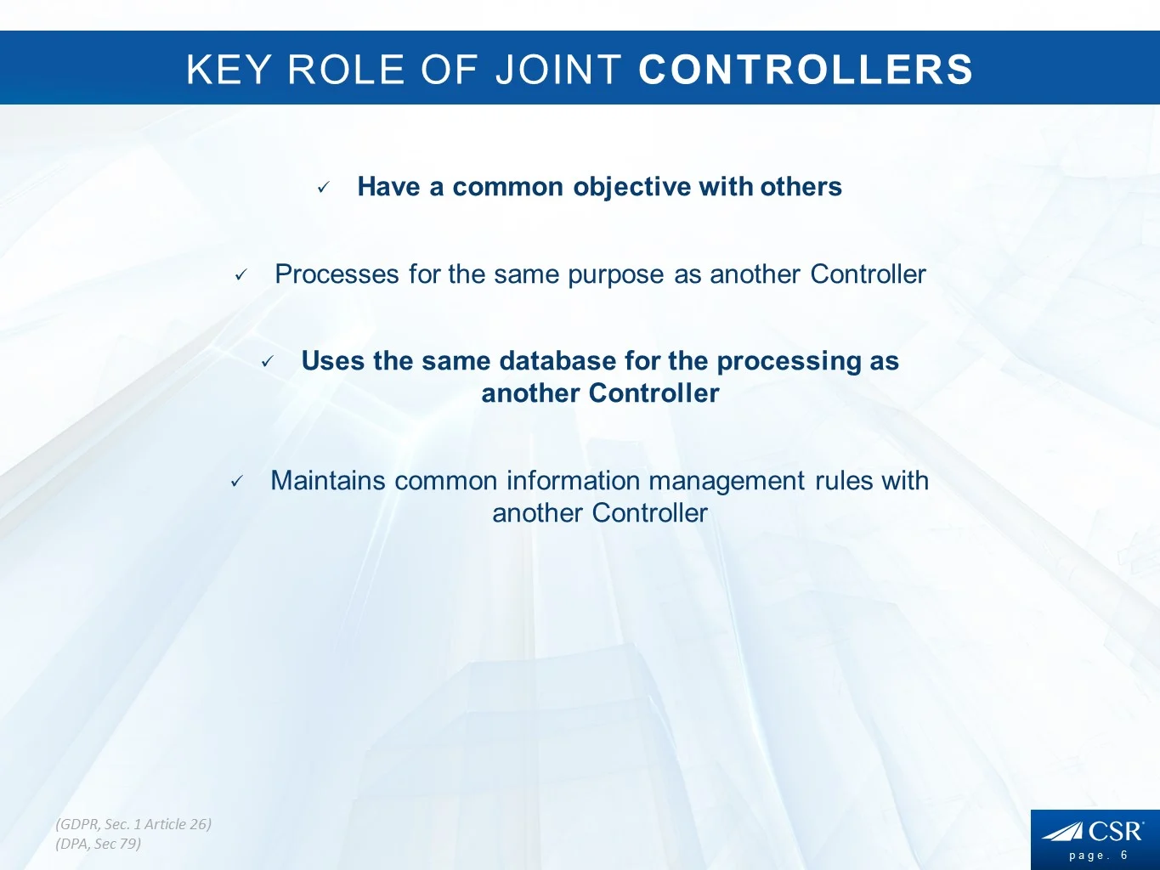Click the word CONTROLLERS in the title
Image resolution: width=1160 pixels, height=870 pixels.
point(806,69)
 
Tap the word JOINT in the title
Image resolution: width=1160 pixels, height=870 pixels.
point(558,69)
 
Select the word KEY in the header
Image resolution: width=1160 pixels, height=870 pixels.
point(229,69)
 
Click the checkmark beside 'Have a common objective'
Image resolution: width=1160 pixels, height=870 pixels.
point(324,187)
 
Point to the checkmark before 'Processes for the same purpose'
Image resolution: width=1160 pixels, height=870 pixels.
point(241,274)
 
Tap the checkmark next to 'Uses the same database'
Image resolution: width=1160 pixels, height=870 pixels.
point(268,362)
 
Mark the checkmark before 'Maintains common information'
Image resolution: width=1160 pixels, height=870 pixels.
point(237,481)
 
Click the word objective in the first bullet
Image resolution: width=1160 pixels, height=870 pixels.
point(631,188)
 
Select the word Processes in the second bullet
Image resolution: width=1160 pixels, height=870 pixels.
point(337,274)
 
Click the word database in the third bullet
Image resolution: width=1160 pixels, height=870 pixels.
point(557,361)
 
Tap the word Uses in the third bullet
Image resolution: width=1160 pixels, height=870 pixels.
point(333,361)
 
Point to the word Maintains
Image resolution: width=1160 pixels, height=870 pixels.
point(328,481)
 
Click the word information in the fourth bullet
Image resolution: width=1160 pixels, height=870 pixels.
point(573,481)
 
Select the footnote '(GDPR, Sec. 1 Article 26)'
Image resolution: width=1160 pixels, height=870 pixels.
point(133,825)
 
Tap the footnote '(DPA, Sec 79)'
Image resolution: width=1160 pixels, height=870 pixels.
point(99,845)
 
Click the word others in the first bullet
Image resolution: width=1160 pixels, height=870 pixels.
point(801,186)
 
